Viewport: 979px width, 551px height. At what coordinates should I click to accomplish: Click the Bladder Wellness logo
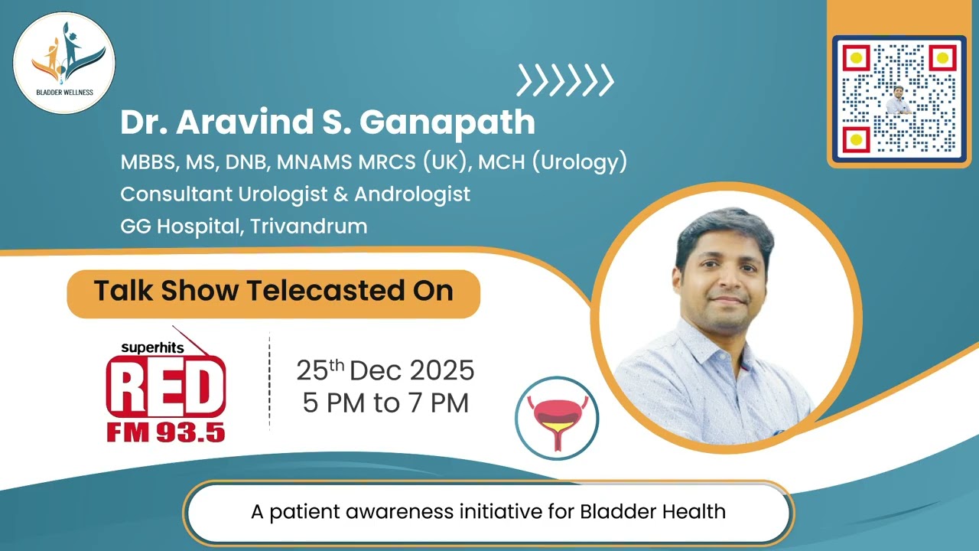coord(64,63)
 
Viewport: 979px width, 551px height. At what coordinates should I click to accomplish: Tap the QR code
coord(899,98)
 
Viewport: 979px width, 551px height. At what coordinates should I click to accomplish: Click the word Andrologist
coord(411,194)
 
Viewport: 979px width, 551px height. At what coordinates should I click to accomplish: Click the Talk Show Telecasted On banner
coord(273,292)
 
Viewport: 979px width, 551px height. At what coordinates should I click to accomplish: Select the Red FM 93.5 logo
coord(165,390)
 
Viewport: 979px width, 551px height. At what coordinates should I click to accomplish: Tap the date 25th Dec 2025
coord(385,371)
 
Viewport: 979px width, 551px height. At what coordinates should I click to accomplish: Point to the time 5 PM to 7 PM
coord(385,403)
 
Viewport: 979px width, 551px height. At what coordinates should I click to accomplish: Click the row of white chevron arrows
coord(565,80)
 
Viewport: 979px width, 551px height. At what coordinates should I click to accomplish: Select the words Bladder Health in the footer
coord(652,511)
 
